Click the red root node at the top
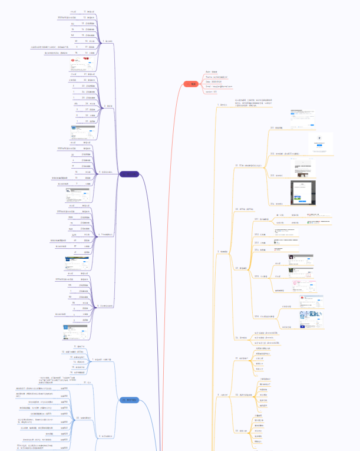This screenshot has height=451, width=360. tap(193, 84)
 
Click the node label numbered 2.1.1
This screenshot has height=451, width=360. tap(279, 127)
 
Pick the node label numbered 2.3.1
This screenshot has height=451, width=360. tap(264, 219)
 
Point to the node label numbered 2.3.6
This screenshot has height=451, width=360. tap(264, 317)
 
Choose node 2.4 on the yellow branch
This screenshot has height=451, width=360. tap(243, 337)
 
